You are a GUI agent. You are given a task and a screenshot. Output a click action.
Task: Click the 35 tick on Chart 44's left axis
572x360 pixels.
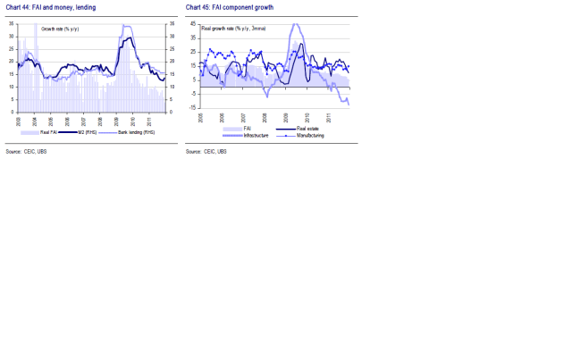(11, 22)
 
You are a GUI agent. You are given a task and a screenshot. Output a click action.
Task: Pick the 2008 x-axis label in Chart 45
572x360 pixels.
(265, 116)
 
